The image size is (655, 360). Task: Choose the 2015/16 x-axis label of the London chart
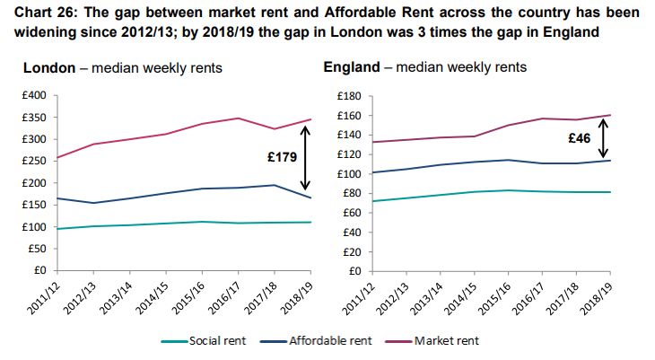pyautogui.click(x=190, y=295)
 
